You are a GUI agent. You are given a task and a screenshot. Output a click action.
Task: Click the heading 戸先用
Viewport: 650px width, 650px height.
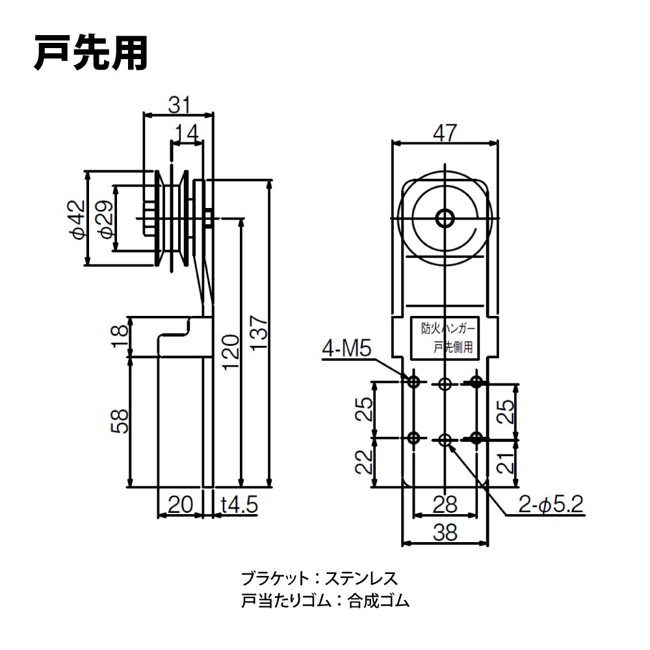click(91, 53)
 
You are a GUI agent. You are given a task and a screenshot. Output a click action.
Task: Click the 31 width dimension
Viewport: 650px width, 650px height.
click(179, 104)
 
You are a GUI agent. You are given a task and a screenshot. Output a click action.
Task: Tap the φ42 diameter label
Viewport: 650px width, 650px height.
click(77, 219)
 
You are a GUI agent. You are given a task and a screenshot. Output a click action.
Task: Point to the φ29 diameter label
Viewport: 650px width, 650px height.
click(105, 219)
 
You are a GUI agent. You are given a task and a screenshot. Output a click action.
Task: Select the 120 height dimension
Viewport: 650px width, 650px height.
click(230, 351)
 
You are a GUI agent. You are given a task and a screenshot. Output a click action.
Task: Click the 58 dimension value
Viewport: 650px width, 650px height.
click(120, 421)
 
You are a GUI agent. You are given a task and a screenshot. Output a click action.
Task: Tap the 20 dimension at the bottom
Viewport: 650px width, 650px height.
click(179, 504)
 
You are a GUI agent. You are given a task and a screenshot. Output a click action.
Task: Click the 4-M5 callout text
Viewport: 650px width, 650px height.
click(346, 350)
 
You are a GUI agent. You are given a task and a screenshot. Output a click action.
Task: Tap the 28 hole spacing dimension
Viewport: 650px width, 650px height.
click(445, 504)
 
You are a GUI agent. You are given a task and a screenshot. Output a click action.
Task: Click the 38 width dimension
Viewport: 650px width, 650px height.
click(445, 532)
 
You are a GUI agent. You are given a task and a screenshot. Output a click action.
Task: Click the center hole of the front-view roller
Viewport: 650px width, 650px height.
click(445, 218)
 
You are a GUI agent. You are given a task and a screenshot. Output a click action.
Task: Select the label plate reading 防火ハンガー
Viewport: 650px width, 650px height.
click(445, 337)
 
